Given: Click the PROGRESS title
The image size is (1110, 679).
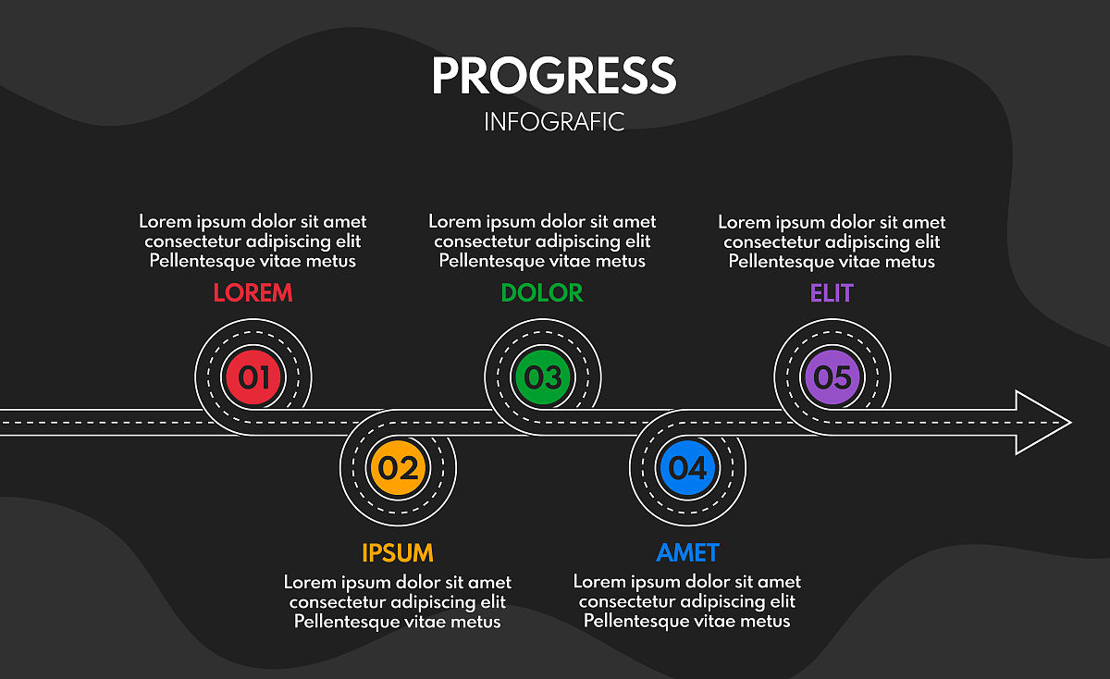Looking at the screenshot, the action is [x=554, y=75].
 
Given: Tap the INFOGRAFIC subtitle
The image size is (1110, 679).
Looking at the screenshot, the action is [x=554, y=122].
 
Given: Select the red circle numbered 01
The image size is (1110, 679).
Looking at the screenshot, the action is [x=253, y=377].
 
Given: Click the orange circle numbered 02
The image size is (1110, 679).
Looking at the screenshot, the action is [x=398, y=468].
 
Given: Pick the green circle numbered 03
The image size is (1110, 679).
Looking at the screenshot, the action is [x=543, y=377].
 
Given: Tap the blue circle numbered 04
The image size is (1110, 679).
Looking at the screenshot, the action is [x=687, y=468].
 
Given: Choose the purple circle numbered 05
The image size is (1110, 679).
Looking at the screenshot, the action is [x=832, y=377].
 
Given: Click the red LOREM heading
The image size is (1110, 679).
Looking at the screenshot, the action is [x=253, y=293].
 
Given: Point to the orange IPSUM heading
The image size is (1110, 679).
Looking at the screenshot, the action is [x=398, y=553].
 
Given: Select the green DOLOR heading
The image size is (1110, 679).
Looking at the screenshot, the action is [x=542, y=293].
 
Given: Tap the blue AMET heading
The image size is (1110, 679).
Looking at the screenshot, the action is [x=687, y=553].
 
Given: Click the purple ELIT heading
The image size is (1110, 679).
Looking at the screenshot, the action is [x=832, y=293].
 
